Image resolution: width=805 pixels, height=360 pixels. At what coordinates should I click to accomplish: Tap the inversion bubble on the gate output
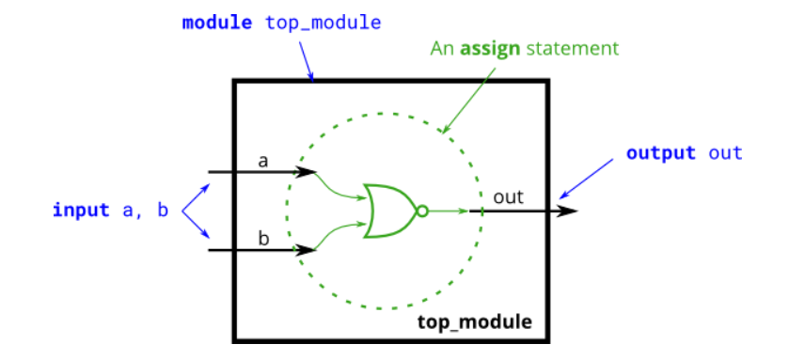422,211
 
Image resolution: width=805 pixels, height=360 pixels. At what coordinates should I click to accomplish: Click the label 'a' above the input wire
263,161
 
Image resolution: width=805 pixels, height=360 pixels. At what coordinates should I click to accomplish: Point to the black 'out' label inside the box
508,197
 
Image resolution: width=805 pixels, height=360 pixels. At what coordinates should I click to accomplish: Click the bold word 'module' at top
217,23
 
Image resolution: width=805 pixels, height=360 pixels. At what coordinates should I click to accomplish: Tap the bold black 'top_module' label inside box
474,322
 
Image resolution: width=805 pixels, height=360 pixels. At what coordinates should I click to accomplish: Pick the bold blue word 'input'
81,210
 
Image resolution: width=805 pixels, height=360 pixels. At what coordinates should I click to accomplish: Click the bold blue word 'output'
661,152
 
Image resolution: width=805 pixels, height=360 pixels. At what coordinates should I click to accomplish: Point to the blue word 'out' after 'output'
725,152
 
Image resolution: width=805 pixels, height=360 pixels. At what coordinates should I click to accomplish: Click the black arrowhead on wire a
307,172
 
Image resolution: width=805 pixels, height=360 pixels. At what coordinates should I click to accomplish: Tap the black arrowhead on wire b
307,250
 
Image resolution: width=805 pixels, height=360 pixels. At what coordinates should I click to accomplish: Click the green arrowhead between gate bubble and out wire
463,211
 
